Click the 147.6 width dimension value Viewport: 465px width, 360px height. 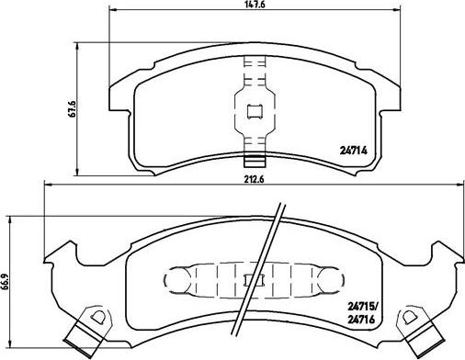[255, 5]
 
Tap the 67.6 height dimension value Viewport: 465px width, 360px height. [73, 107]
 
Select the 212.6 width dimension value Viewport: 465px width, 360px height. [254, 179]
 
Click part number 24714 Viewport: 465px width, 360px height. [353, 151]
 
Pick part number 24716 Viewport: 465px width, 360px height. [361, 320]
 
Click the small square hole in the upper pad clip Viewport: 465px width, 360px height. [255, 111]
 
